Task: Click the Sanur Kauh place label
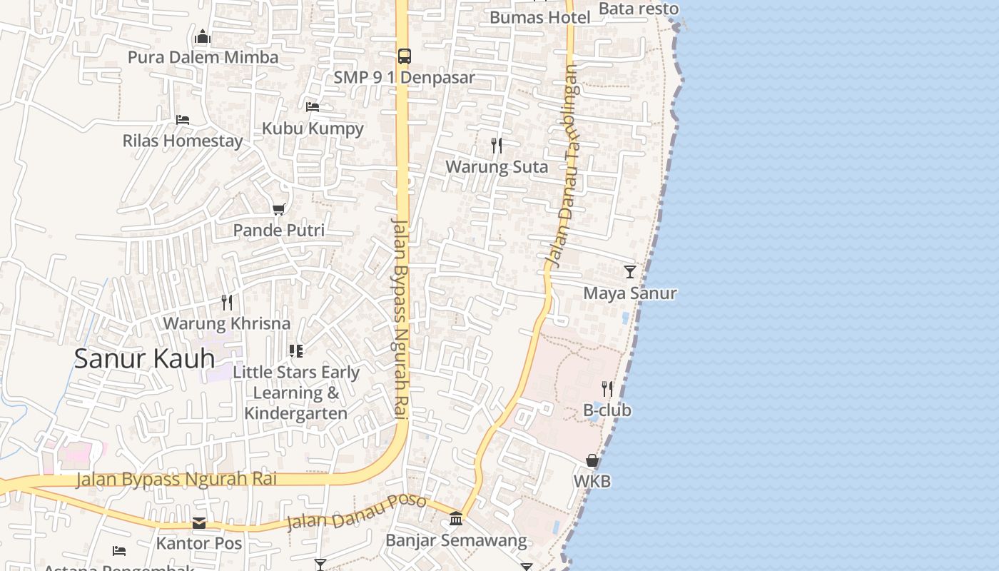coord(144,358)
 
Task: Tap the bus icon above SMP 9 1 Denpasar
coord(404,56)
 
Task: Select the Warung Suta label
coord(497,167)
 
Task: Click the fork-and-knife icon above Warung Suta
coord(497,146)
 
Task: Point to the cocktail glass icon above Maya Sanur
coord(629,272)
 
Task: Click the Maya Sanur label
coord(629,293)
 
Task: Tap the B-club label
coord(607,410)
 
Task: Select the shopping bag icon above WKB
coord(592,460)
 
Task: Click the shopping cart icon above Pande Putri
coord(279,209)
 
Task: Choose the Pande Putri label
coord(279,231)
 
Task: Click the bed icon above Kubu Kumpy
coord(313,107)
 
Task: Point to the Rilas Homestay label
coord(183,141)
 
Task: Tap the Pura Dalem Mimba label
coord(203,57)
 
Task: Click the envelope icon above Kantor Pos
coord(199,523)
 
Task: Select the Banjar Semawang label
coord(455,540)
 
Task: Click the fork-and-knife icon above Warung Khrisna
coord(227,302)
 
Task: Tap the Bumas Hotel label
coord(539,17)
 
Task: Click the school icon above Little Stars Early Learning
coord(296,350)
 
